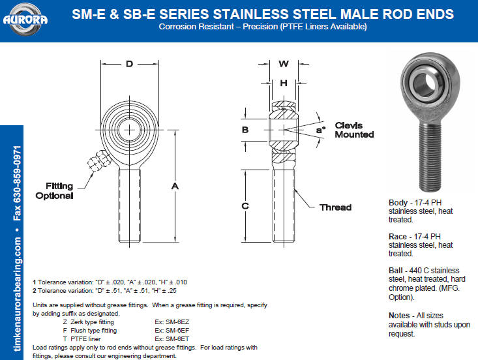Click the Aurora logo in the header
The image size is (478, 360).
(25, 19)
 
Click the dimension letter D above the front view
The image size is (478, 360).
(130, 64)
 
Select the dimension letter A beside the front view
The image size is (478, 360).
(175, 186)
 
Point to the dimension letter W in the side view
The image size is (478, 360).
(284, 64)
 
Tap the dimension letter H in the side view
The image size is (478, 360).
(284, 83)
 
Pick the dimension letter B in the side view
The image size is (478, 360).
(245, 130)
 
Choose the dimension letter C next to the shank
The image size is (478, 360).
(245, 206)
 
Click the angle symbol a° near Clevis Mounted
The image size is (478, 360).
(321, 130)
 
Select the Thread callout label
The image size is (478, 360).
(335, 207)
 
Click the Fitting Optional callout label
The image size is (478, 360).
(55, 191)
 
